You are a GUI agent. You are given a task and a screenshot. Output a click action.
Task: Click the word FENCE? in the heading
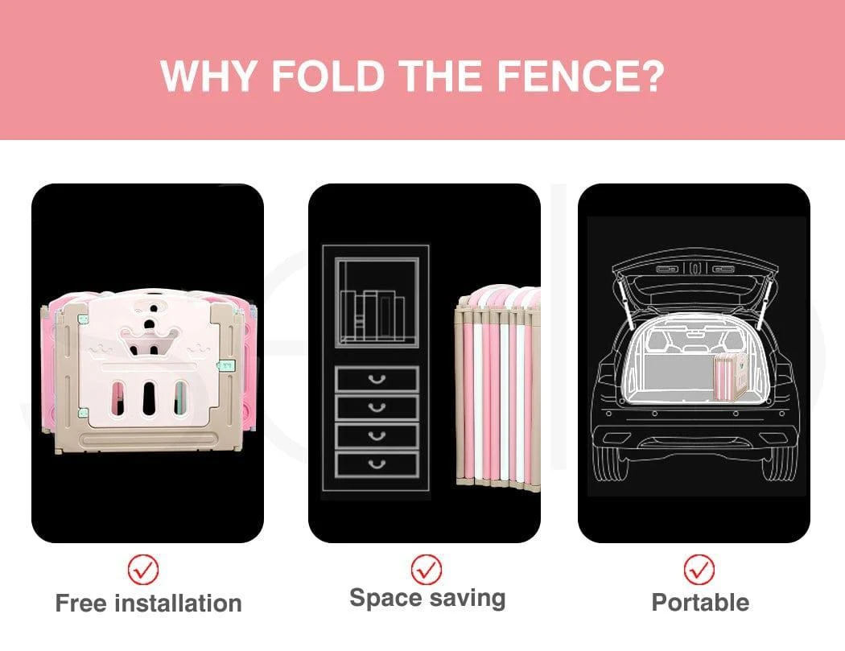[x=580, y=76]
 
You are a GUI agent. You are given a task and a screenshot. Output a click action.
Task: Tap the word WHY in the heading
[x=208, y=76]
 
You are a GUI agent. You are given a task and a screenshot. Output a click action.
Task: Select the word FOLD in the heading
[x=328, y=76]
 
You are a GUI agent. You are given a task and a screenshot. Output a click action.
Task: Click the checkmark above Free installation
[x=143, y=570]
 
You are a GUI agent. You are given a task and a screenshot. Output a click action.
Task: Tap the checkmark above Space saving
[x=427, y=569]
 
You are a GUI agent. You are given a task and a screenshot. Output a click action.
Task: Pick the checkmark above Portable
[x=699, y=569]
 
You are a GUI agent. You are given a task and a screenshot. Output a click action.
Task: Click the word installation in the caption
[x=179, y=603]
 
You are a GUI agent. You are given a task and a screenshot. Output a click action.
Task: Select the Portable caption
[x=700, y=603]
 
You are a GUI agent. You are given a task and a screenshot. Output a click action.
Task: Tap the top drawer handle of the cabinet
[x=377, y=380]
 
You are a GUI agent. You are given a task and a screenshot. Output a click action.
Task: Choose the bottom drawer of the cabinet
[x=377, y=464]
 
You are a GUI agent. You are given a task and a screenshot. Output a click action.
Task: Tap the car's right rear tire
[x=779, y=463]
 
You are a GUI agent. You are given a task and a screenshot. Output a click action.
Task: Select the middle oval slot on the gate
[x=149, y=398]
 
